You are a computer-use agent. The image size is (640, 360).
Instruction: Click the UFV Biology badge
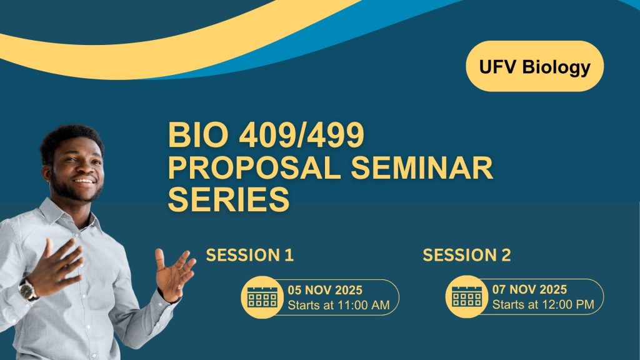pyautogui.click(x=534, y=66)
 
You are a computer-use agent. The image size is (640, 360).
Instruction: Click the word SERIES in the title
pyautogui.click(x=229, y=201)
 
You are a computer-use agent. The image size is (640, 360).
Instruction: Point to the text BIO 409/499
pyautogui.click(x=266, y=136)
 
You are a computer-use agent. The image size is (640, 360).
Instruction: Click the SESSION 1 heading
pyautogui.click(x=250, y=255)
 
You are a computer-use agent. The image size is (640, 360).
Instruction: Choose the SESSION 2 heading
pyautogui.click(x=467, y=255)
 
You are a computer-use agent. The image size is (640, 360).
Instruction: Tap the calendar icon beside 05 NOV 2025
pyautogui.click(x=262, y=296)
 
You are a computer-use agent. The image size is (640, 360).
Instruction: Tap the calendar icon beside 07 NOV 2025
pyautogui.click(x=467, y=296)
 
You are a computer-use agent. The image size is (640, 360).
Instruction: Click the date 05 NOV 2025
pyautogui.click(x=325, y=290)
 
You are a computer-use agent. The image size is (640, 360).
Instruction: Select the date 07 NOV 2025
pyautogui.click(x=529, y=290)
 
